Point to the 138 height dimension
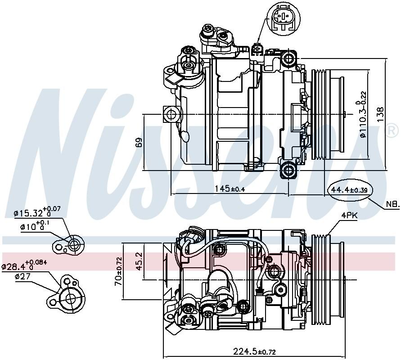click(380, 115)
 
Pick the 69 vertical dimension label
click(139, 142)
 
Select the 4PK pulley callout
click(348, 216)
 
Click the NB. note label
click(392, 205)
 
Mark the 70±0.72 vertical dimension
click(118, 271)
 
